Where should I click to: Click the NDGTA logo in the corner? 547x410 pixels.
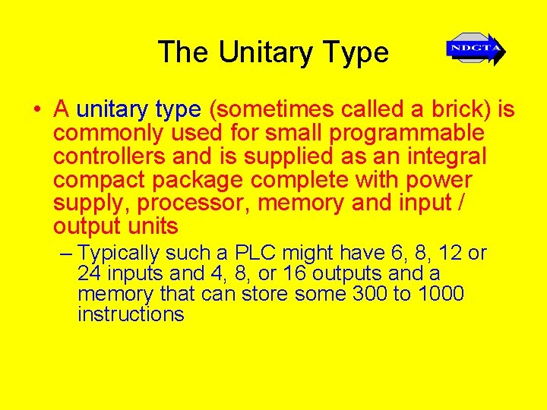(476, 50)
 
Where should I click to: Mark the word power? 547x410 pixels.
(439, 180)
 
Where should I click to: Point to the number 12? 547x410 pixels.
(447, 253)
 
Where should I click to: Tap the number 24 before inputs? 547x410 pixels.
(90, 273)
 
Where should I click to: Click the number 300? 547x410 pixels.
(370, 294)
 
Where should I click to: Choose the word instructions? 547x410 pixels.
(131, 314)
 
